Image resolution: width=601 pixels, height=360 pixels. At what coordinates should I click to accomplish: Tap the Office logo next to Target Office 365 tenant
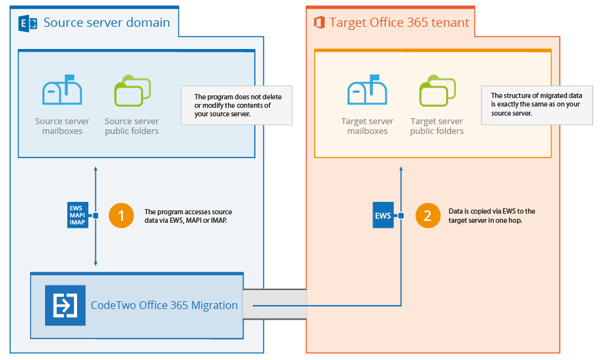click(319, 23)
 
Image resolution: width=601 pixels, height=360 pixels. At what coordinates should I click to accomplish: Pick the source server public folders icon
click(132, 92)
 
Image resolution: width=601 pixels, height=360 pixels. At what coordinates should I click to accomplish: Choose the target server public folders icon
click(437, 92)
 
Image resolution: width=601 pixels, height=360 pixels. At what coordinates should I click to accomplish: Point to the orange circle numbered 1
click(121, 216)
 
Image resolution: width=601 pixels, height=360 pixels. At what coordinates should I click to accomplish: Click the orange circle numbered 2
click(428, 216)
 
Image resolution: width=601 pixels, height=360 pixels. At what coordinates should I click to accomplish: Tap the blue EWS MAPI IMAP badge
click(77, 216)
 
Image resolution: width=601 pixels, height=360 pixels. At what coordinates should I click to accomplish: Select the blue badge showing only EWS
click(383, 216)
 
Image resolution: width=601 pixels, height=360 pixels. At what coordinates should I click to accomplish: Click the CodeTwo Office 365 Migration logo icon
click(65, 305)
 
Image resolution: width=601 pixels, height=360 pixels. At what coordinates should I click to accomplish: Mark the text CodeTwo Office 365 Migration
click(164, 305)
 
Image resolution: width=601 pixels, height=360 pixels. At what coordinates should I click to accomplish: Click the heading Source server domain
click(106, 23)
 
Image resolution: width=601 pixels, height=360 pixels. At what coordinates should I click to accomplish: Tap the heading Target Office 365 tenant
click(399, 23)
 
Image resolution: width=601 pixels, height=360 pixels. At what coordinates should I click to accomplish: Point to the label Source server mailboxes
click(62, 126)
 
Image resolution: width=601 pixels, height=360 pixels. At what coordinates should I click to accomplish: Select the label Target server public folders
click(437, 126)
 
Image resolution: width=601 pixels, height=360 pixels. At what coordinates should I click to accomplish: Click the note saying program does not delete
click(236, 105)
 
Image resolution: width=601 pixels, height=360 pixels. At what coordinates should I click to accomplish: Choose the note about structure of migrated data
click(536, 105)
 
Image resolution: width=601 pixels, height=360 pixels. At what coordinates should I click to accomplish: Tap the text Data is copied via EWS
click(492, 216)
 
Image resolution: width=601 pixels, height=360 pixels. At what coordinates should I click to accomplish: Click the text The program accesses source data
click(188, 216)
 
